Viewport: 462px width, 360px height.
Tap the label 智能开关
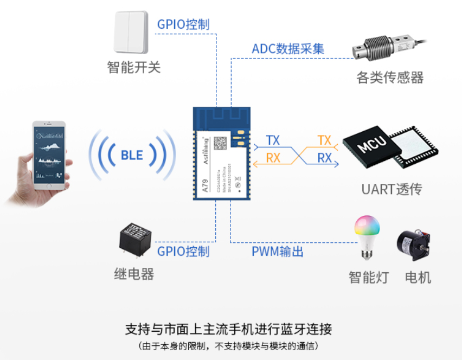pos(134,68)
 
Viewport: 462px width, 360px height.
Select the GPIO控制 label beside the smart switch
pos(183,24)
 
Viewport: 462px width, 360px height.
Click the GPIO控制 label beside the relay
pos(183,251)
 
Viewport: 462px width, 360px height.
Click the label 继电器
pos(134,274)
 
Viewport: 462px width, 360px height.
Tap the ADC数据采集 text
pos(288,49)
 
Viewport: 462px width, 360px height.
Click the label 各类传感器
pos(390,78)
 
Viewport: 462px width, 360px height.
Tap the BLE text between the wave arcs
pos(132,156)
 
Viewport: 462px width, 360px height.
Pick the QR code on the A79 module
pos(220,143)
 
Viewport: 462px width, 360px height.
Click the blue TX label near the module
pos(273,140)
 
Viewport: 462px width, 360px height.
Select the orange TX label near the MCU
pos(324,140)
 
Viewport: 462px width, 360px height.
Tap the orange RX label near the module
pos(273,158)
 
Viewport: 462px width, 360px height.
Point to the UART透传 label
pos(392,189)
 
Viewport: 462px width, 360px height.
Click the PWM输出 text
pos(277,252)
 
